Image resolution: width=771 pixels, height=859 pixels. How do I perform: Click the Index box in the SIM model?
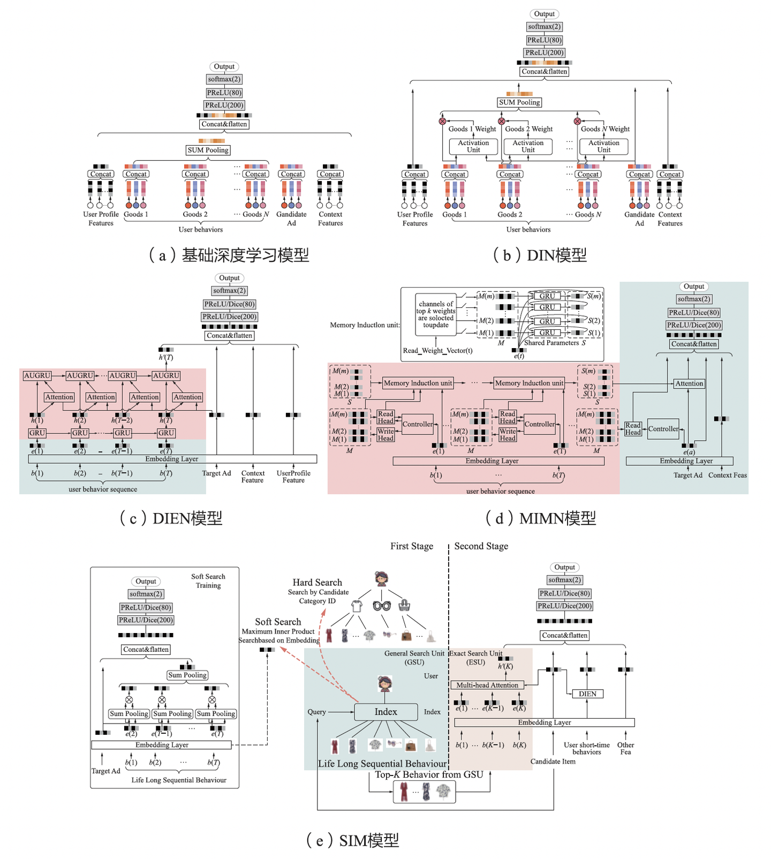click(x=385, y=712)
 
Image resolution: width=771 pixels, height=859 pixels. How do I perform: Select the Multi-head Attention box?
click(x=487, y=685)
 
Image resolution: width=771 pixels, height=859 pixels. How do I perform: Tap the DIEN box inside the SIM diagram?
click(x=587, y=694)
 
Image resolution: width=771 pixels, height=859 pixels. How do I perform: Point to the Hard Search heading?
click(x=317, y=582)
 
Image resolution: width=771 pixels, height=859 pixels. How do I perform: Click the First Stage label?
click(x=411, y=546)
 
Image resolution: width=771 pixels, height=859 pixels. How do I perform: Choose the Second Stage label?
click(x=481, y=546)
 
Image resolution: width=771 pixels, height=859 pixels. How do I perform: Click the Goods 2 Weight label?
click(x=528, y=129)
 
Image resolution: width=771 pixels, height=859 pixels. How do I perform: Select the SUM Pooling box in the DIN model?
click(x=519, y=102)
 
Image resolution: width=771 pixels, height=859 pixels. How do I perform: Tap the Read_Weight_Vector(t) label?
click(x=437, y=351)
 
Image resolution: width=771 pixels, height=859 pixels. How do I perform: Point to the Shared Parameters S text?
click(x=555, y=343)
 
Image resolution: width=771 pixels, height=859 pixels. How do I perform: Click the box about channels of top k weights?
click(x=436, y=314)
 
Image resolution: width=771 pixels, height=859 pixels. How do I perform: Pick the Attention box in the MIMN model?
click(x=689, y=383)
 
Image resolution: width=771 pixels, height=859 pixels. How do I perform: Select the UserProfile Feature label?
click(x=293, y=477)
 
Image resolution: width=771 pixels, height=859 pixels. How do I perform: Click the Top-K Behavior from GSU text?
click(x=429, y=774)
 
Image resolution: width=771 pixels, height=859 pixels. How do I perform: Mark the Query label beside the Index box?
click(x=316, y=712)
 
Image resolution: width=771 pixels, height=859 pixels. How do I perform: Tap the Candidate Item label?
click(x=553, y=762)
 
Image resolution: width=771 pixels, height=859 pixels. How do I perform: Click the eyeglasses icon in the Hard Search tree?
click(x=382, y=606)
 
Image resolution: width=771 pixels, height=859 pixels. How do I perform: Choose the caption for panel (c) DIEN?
click(x=171, y=518)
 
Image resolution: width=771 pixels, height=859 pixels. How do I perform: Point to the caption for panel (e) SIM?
click(x=353, y=840)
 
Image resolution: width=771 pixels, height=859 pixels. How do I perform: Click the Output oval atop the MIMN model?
click(x=694, y=287)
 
